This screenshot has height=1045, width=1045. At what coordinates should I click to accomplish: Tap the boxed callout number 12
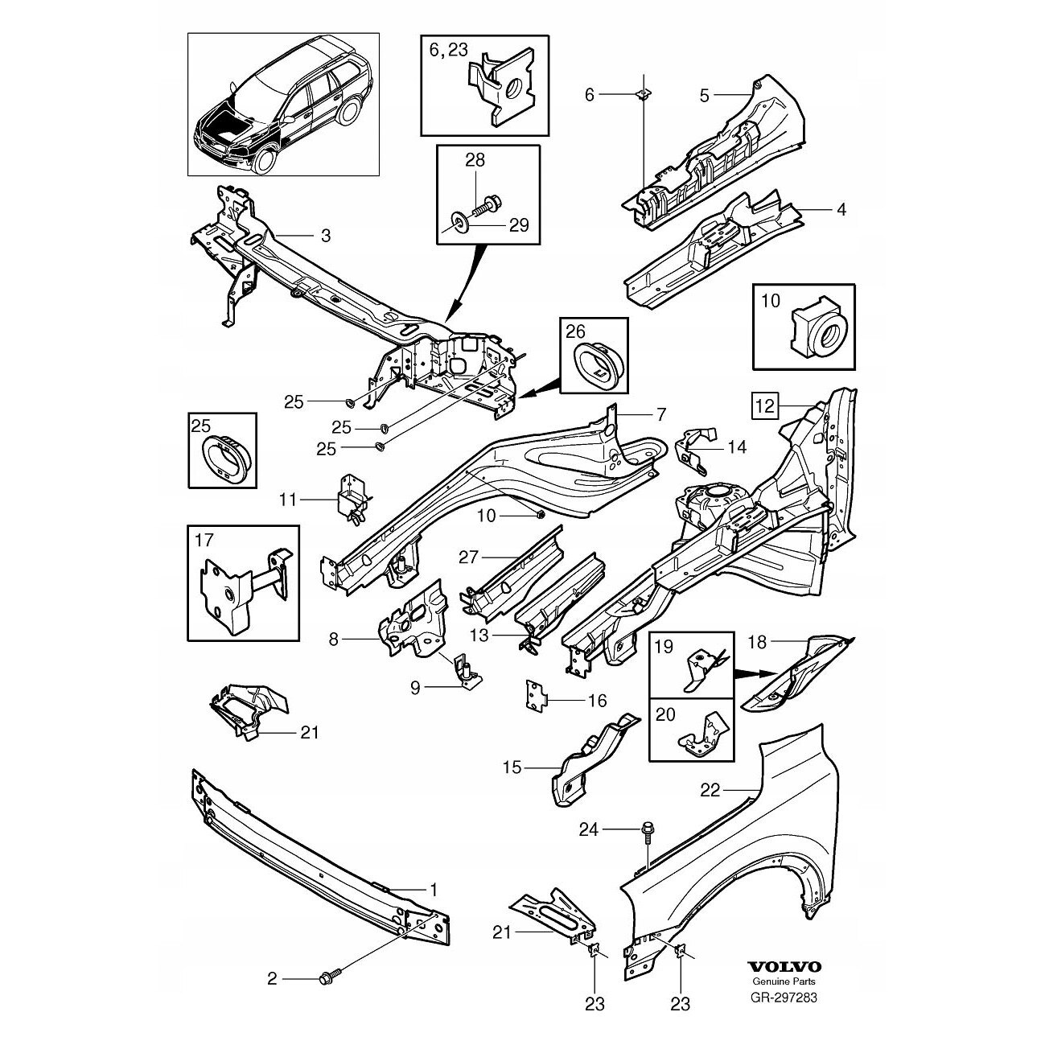764,408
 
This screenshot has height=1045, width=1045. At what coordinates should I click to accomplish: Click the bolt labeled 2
330,978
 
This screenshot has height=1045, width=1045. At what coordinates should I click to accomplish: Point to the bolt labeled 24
647,830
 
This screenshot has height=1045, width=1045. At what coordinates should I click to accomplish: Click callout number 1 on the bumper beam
433,890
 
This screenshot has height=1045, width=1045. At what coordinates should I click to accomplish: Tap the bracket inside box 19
701,666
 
